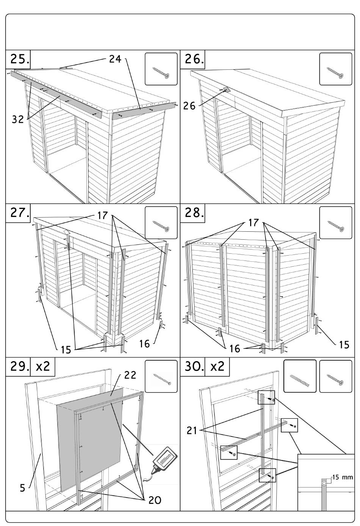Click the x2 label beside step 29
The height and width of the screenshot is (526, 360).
(42, 367)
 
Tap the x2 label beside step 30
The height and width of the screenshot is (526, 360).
(217, 367)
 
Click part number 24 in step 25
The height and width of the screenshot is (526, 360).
(115, 59)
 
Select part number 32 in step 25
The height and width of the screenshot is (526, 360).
(18, 119)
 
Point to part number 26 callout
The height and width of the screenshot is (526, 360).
(189, 106)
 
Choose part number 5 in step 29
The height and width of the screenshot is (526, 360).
(23, 487)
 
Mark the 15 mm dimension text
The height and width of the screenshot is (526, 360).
(343, 477)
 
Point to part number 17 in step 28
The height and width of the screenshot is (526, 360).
(254, 223)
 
